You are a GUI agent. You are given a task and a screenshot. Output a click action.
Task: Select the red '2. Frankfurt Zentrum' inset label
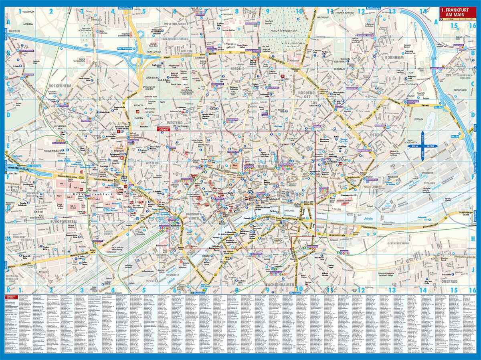pyautogui.click(x=163, y=128)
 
